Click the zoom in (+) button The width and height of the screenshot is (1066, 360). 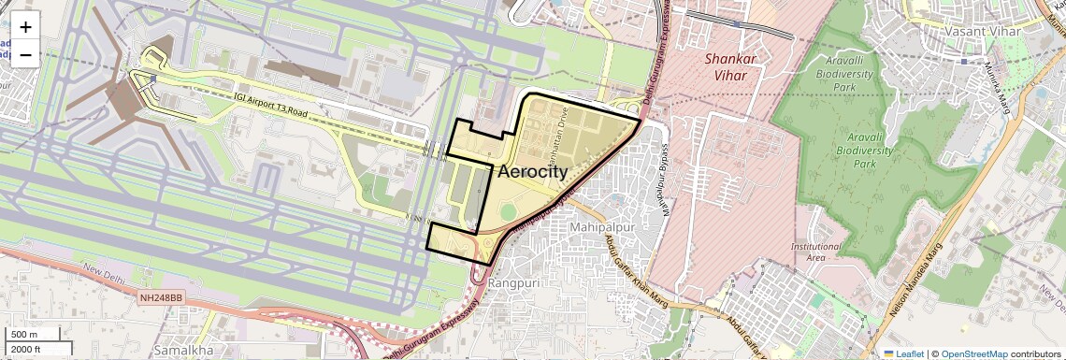(25, 27)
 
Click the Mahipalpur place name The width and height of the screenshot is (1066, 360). (601, 227)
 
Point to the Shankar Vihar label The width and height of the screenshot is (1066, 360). (729, 66)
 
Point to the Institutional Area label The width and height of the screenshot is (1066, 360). (810, 252)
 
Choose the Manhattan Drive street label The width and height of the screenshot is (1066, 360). (563, 130)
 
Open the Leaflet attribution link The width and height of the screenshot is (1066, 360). (903, 353)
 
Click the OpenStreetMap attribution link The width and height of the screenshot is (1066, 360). (973, 353)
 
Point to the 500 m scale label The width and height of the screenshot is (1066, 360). (25, 334)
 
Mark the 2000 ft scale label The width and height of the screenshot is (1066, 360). (27, 349)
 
